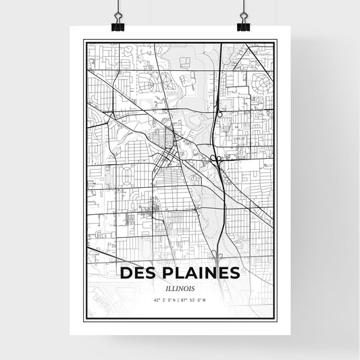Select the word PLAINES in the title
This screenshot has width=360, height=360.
tap(201, 273)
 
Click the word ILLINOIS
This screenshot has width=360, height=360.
tap(180, 286)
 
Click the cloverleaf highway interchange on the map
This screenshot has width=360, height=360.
tap(215, 159)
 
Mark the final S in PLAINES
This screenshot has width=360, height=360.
tap(233, 273)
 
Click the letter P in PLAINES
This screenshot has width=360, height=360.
tap(168, 273)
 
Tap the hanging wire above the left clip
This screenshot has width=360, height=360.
tap(117, 7)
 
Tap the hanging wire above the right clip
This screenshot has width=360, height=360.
tap(242, 7)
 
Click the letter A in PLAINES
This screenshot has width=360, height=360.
tap(192, 273)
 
